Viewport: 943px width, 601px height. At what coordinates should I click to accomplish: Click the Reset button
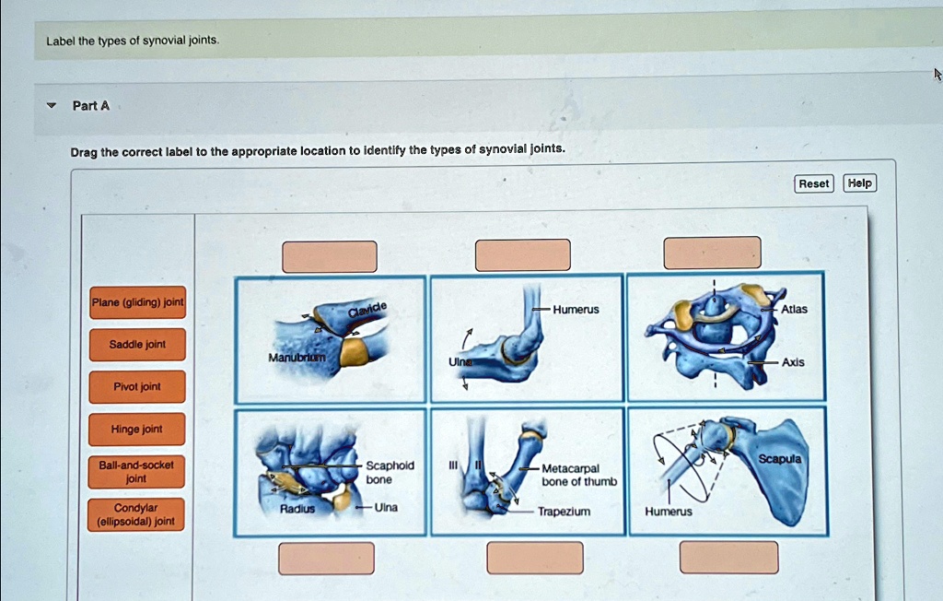point(813,183)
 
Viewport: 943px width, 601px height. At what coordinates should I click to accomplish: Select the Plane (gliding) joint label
point(137,302)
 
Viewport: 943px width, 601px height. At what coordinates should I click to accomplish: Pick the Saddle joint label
point(137,345)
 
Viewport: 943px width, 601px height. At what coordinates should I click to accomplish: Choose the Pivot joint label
point(137,387)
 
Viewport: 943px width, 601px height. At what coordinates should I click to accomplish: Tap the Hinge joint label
point(137,430)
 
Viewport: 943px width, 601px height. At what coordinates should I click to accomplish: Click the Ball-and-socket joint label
point(136,472)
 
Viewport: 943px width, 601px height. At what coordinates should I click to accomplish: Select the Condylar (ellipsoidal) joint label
point(136,515)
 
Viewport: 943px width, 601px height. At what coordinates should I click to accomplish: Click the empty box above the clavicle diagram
point(330,256)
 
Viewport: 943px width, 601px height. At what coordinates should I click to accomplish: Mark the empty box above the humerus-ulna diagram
point(523,254)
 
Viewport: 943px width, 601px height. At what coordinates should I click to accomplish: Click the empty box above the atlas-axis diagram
point(713,253)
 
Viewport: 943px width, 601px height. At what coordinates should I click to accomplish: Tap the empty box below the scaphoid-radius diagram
point(327,558)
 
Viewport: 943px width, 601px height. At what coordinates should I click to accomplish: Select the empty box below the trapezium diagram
point(535,558)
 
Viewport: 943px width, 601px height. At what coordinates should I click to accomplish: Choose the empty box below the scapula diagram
point(728,557)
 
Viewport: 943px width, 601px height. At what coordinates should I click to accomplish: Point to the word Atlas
point(794,310)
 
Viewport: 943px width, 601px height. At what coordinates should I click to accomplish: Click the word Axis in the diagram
point(793,362)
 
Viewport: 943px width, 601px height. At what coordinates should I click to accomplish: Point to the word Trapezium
point(564,511)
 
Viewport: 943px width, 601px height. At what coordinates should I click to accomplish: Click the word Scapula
point(781,458)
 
